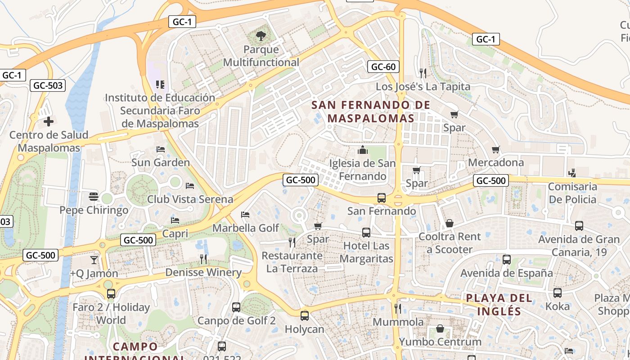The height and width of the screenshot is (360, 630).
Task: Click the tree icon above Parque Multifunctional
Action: (261, 36)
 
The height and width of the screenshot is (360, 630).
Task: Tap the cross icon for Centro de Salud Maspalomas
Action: (49, 121)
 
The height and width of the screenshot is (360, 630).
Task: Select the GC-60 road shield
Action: (383, 67)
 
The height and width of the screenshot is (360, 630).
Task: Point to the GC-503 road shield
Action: (49, 85)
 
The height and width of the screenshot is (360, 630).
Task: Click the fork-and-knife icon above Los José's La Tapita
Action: (423, 73)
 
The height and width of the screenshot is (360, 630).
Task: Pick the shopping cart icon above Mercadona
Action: (496, 149)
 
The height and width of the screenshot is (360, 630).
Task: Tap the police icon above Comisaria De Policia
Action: (572, 173)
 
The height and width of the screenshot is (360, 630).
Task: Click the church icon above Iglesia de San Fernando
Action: (362, 150)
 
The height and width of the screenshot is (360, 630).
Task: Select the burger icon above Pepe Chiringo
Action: (94, 196)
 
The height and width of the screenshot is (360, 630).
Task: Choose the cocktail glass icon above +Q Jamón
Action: (94, 260)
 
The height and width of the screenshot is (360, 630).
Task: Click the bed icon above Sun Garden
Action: (160, 149)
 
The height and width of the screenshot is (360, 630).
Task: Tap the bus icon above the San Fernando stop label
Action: (381, 198)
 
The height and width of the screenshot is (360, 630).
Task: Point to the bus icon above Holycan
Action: (305, 315)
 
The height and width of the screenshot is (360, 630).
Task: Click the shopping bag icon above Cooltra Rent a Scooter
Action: (449, 223)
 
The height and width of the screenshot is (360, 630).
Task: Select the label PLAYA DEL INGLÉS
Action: (499, 304)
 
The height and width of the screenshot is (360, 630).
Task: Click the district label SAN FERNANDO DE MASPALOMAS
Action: (371, 112)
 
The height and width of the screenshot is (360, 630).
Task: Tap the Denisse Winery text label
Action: (203, 272)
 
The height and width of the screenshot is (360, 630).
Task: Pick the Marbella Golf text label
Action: (246, 228)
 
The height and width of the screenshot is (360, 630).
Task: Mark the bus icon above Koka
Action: (558, 293)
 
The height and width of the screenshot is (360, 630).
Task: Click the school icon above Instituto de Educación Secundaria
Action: (160, 84)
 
